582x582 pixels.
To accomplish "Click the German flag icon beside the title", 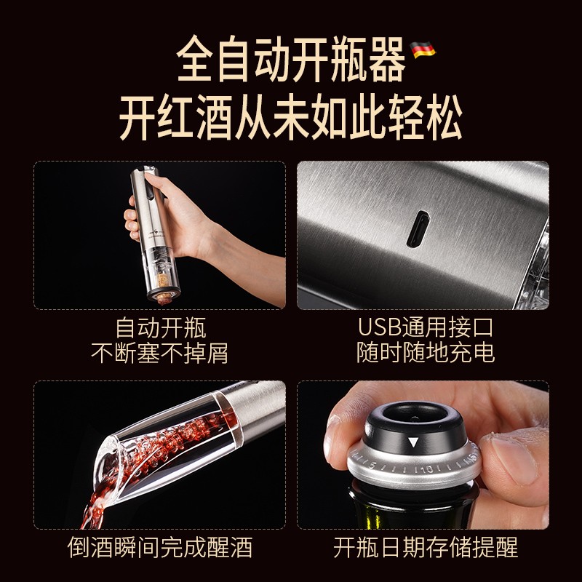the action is pyautogui.click(x=423, y=49).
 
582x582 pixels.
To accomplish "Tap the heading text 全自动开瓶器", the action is pyautogui.click(x=291, y=59).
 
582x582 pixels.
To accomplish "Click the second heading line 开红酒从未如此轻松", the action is pyautogui.click(x=291, y=117).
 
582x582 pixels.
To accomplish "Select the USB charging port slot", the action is pyautogui.click(x=418, y=228).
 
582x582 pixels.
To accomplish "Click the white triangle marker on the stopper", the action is pyautogui.click(x=413, y=442).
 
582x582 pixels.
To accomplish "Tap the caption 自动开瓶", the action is pyautogui.click(x=160, y=328).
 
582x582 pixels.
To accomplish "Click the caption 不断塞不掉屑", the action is pyautogui.click(x=159, y=353).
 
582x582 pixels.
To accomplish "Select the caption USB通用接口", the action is pyautogui.click(x=425, y=327).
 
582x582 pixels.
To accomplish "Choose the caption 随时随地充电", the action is pyautogui.click(x=426, y=352).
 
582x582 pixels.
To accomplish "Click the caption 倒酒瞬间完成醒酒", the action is pyautogui.click(x=160, y=547).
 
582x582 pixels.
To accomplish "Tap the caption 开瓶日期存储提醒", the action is pyautogui.click(x=425, y=547).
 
